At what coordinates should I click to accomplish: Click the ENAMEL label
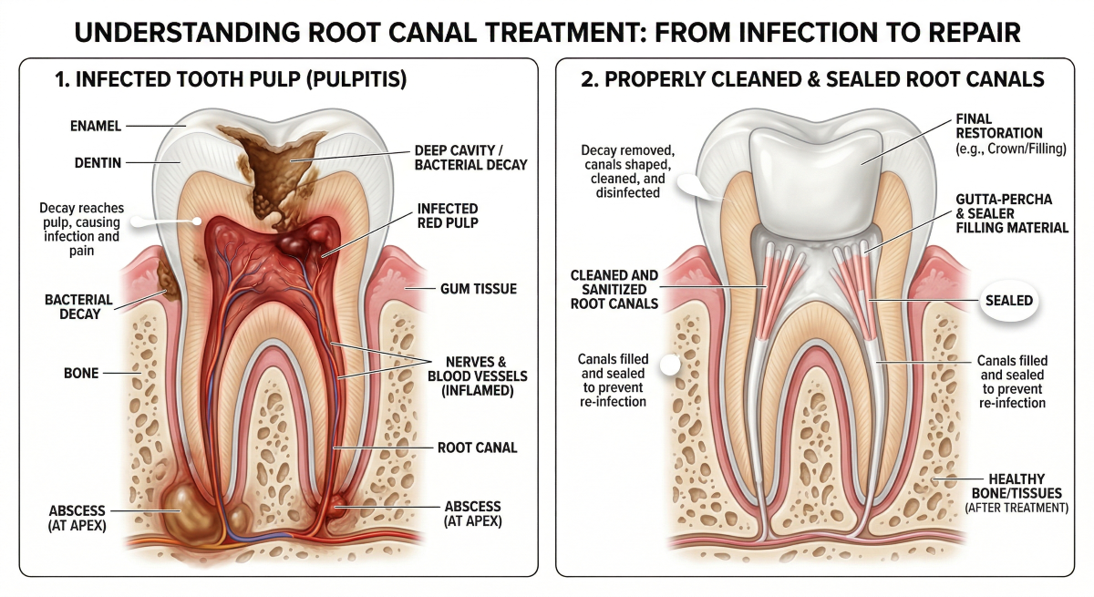tap(96, 125)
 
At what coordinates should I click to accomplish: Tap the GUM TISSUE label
tap(477, 289)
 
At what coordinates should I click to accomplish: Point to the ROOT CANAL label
tap(477, 448)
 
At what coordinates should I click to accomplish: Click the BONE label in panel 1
tap(80, 373)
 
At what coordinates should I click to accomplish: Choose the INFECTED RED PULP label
tap(449, 215)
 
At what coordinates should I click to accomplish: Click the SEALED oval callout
tap(1007, 300)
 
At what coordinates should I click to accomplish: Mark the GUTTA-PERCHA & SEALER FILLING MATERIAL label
tap(1011, 212)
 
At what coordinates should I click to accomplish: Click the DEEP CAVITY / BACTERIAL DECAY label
tap(470, 157)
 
